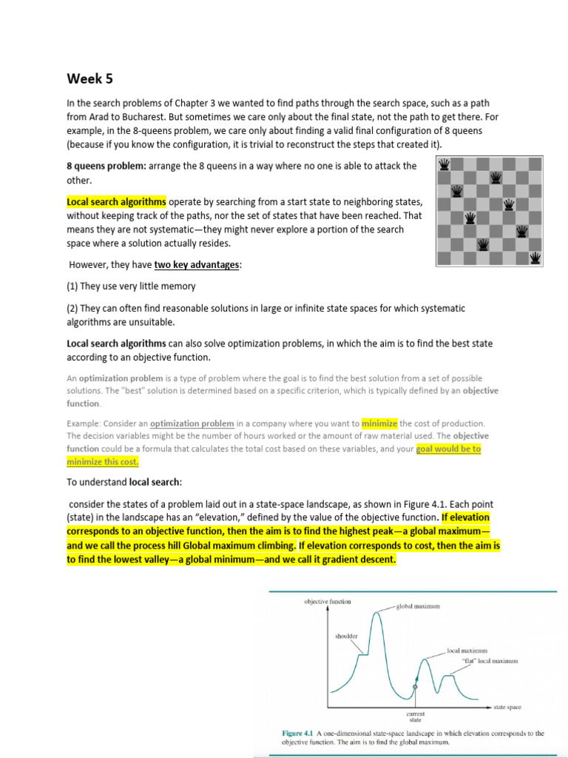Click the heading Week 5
click(90, 78)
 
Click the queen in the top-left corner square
click(444, 163)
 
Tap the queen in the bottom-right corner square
click(536, 258)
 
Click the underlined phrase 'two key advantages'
click(197, 265)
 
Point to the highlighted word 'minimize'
click(379, 423)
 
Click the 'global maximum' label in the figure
click(418, 606)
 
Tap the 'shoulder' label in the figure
click(346, 635)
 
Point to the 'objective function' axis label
click(328, 602)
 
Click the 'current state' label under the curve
click(416, 717)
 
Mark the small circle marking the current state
click(416, 688)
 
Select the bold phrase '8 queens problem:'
click(106, 166)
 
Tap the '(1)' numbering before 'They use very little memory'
click(73, 286)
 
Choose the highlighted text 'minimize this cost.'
click(102, 461)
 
